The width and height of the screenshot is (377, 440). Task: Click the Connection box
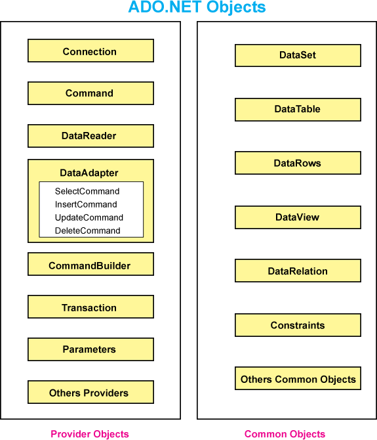coord(90,51)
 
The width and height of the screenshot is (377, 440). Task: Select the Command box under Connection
coord(90,93)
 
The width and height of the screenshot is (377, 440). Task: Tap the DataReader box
coord(90,136)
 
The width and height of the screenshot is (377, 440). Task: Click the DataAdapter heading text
coord(89,173)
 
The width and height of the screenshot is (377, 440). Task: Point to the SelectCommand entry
coord(87,191)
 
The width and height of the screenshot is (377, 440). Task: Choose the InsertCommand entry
coord(86,204)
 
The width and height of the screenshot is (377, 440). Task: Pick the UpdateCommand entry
coord(89,217)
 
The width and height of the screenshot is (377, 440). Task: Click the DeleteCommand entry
coord(88,231)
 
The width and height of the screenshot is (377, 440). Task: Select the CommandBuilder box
coord(90,264)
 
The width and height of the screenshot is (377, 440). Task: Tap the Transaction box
coord(90,307)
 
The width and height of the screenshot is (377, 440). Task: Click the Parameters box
coord(90,349)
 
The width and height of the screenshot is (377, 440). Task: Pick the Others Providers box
coord(90,392)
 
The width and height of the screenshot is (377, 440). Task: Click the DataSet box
coord(298,55)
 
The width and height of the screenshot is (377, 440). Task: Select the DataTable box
coord(298,110)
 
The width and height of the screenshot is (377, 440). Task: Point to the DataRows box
coord(298,163)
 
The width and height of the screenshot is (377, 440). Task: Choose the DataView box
coord(298,217)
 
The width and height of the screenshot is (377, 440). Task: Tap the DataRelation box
coord(298,271)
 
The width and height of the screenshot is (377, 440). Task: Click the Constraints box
coord(298,325)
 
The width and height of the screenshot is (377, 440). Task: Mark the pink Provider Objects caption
coord(90,434)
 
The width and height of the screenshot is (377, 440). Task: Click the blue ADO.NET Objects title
coord(197,7)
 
